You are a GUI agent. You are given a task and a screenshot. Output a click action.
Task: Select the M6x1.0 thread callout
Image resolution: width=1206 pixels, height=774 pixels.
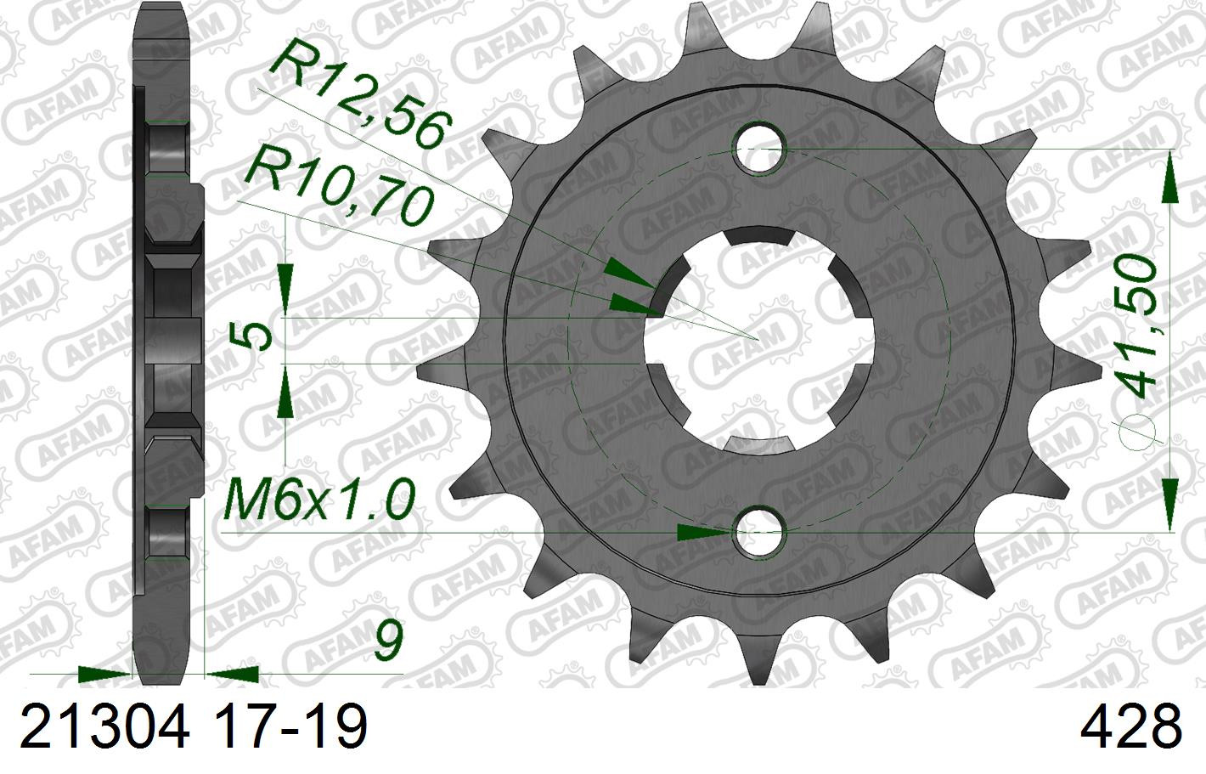318,500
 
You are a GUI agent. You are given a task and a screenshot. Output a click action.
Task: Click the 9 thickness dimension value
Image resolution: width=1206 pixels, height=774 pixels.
387,641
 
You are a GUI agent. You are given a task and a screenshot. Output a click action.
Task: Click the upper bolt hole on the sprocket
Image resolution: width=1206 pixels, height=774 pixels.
759,149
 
